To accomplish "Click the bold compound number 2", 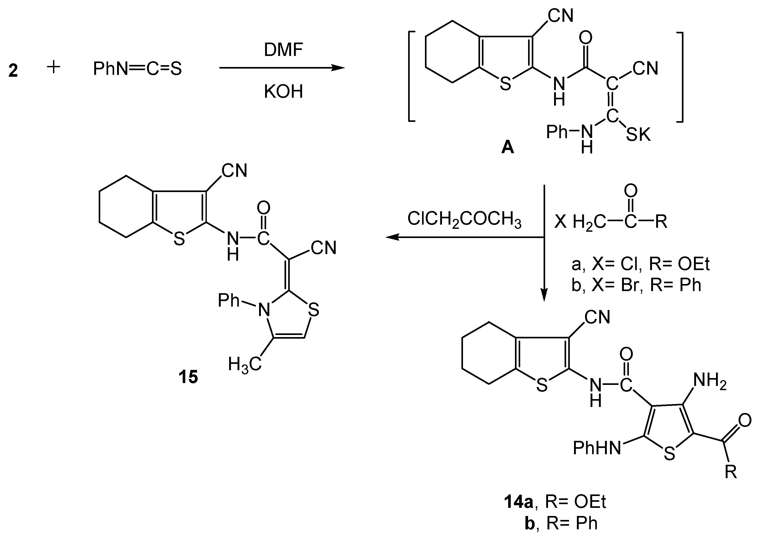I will click(x=13, y=71).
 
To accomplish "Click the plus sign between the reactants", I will click(x=54, y=68).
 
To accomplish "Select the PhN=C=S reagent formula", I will click(x=137, y=69).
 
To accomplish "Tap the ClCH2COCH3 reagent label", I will click(x=464, y=219).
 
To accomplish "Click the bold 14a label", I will click(x=519, y=502).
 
